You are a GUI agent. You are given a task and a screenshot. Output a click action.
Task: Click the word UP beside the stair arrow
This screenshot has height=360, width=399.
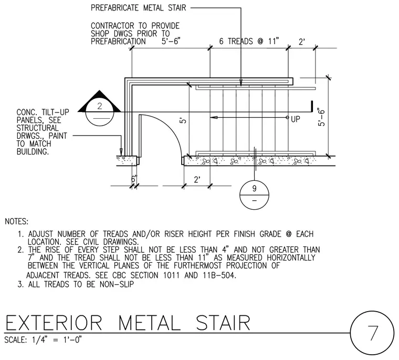[296, 119]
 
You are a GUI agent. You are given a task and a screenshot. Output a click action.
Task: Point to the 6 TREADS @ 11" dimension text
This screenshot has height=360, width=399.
[249, 41]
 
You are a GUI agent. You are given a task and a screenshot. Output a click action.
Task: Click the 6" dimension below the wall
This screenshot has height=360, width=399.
[134, 179]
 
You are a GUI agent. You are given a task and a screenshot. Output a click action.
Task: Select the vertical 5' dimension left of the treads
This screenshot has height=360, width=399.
[183, 120]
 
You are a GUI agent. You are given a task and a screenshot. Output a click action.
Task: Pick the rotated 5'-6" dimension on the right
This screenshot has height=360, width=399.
[321, 117]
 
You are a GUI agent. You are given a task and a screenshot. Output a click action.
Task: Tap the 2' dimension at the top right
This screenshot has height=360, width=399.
[302, 42]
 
